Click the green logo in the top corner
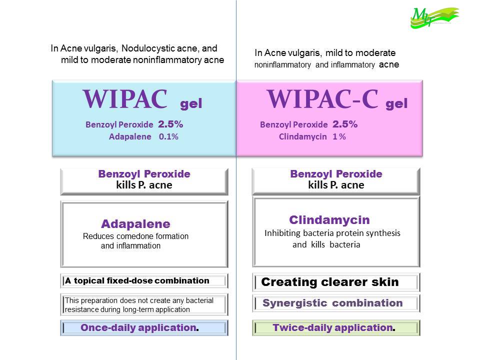click(x=434, y=18)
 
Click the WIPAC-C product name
click(x=322, y=99)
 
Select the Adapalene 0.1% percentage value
click(x=168, y=136)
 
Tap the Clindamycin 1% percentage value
click(x=339, y=136)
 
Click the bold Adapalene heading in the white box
click(x=135, y=224)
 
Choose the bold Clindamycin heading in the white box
click(x=329, y=220)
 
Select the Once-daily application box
click(x=144, y=328)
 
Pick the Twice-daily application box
click(x=336, y=328)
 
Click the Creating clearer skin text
click(x=330, y=282)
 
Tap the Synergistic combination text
click(x=332, y=303)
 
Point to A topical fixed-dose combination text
click(x=137, y=280)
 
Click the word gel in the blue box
click(x=191, y=104)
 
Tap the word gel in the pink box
click(x=396, y=104)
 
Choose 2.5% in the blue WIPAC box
click(x=170, y=124)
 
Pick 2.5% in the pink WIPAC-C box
click(x=345, y=124)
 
